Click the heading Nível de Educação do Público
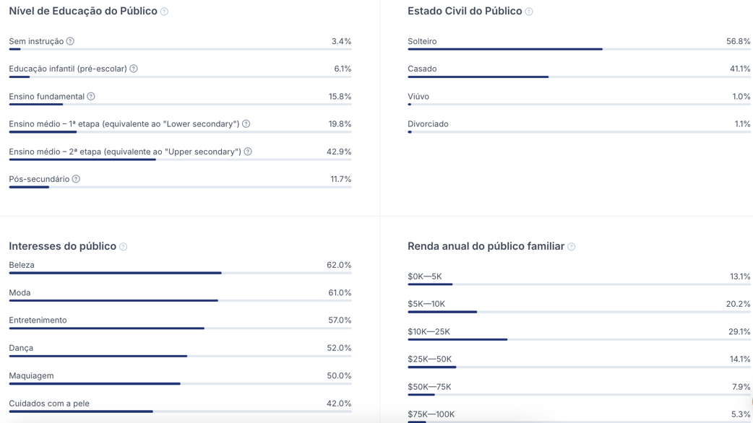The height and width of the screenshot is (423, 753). click(83, 12)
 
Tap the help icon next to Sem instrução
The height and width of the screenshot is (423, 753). click(70, 41)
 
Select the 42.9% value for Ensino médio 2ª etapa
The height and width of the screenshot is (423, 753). click(339, 152)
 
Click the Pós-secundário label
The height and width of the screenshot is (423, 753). click(39, 179)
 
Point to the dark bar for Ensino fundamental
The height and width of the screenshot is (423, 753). click(36, 105)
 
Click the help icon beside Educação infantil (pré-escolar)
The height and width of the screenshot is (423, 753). click(134, 69)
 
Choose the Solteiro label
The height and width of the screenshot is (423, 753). click(422, 41)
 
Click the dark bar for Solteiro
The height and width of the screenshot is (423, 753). click(504, 49)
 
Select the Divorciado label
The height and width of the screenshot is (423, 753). click(428, 124)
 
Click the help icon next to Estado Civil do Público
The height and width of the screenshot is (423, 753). click(529, 12)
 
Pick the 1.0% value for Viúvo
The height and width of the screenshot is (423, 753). click(741, 97)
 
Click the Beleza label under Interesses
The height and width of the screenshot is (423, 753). click(22, 265)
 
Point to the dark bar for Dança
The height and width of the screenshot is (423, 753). click(98, 356)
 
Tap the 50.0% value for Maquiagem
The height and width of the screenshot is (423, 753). click(339, 376)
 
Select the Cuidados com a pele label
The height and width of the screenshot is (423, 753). click(49, 404)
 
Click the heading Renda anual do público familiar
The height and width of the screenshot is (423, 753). click(486, 246)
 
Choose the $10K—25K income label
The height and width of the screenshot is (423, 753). click(429, 332)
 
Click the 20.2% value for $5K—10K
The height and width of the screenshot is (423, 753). click(738, 304)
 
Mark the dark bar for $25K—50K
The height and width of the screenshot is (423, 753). click(431, 367)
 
